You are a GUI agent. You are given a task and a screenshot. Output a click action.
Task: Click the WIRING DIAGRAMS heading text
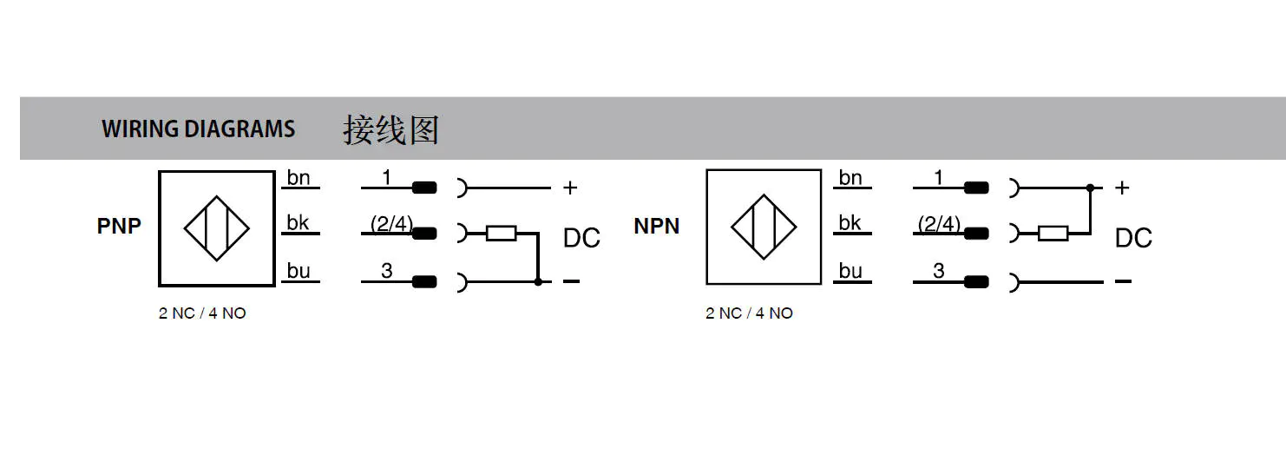pos(198,129)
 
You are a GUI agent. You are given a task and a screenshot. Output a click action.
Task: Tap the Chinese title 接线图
pos(391,130)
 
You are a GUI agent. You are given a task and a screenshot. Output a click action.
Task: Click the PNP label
pos(119,226)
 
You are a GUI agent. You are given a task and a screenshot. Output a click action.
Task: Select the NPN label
pos(656,226)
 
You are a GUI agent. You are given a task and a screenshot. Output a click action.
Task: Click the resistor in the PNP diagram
pos(502,234)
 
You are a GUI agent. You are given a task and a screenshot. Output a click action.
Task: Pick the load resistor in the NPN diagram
pos(1053,234)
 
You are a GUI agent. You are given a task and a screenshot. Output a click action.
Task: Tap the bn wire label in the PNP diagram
pos(299,177)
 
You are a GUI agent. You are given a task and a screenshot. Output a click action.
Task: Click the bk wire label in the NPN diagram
pos(850,222)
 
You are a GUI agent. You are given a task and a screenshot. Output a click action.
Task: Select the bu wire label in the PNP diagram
pos(299,271)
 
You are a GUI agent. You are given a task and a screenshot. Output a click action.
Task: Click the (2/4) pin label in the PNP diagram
pos(391,223)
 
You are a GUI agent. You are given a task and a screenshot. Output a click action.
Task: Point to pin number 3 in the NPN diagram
pos(939,271)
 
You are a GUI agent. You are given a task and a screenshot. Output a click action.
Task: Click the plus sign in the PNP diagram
pos(570,188)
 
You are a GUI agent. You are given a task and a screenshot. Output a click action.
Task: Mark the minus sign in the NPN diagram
pos(1123,281)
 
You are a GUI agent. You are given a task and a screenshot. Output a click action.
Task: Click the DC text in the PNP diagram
pos(581,238)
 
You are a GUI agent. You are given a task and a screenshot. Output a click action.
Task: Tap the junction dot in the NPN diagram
pos(1090,188)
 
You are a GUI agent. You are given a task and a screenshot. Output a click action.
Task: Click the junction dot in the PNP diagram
pos(538,281)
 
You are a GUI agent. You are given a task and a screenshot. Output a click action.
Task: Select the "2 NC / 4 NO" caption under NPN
pos(749,313)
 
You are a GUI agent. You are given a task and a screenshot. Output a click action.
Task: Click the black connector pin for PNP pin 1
pos(424,188)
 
